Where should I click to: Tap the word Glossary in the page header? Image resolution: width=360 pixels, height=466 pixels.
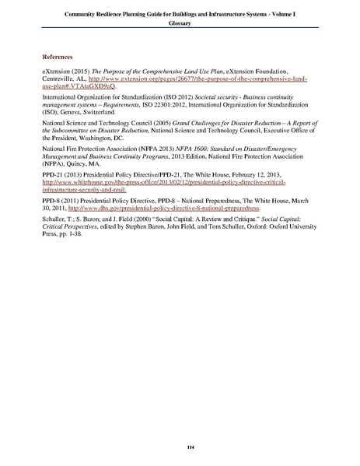tap(180, 24)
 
